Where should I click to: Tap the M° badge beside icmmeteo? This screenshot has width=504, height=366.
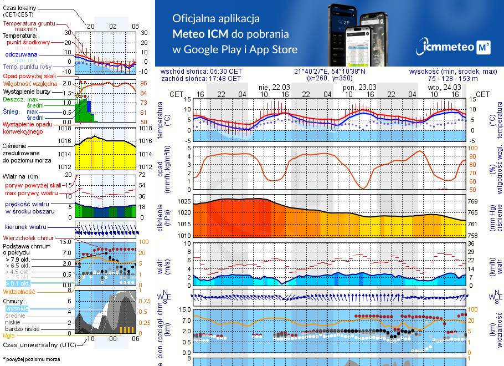tap(484, 48)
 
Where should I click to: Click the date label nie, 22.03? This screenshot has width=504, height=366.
tap(274, 87)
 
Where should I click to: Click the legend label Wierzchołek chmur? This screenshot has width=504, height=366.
tap(30, 238)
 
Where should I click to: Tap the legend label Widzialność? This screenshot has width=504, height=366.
tap(19, 291)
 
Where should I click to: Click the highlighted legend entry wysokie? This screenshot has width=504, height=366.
tap(16, 308)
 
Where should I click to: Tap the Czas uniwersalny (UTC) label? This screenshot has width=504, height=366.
tap(38, 345)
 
